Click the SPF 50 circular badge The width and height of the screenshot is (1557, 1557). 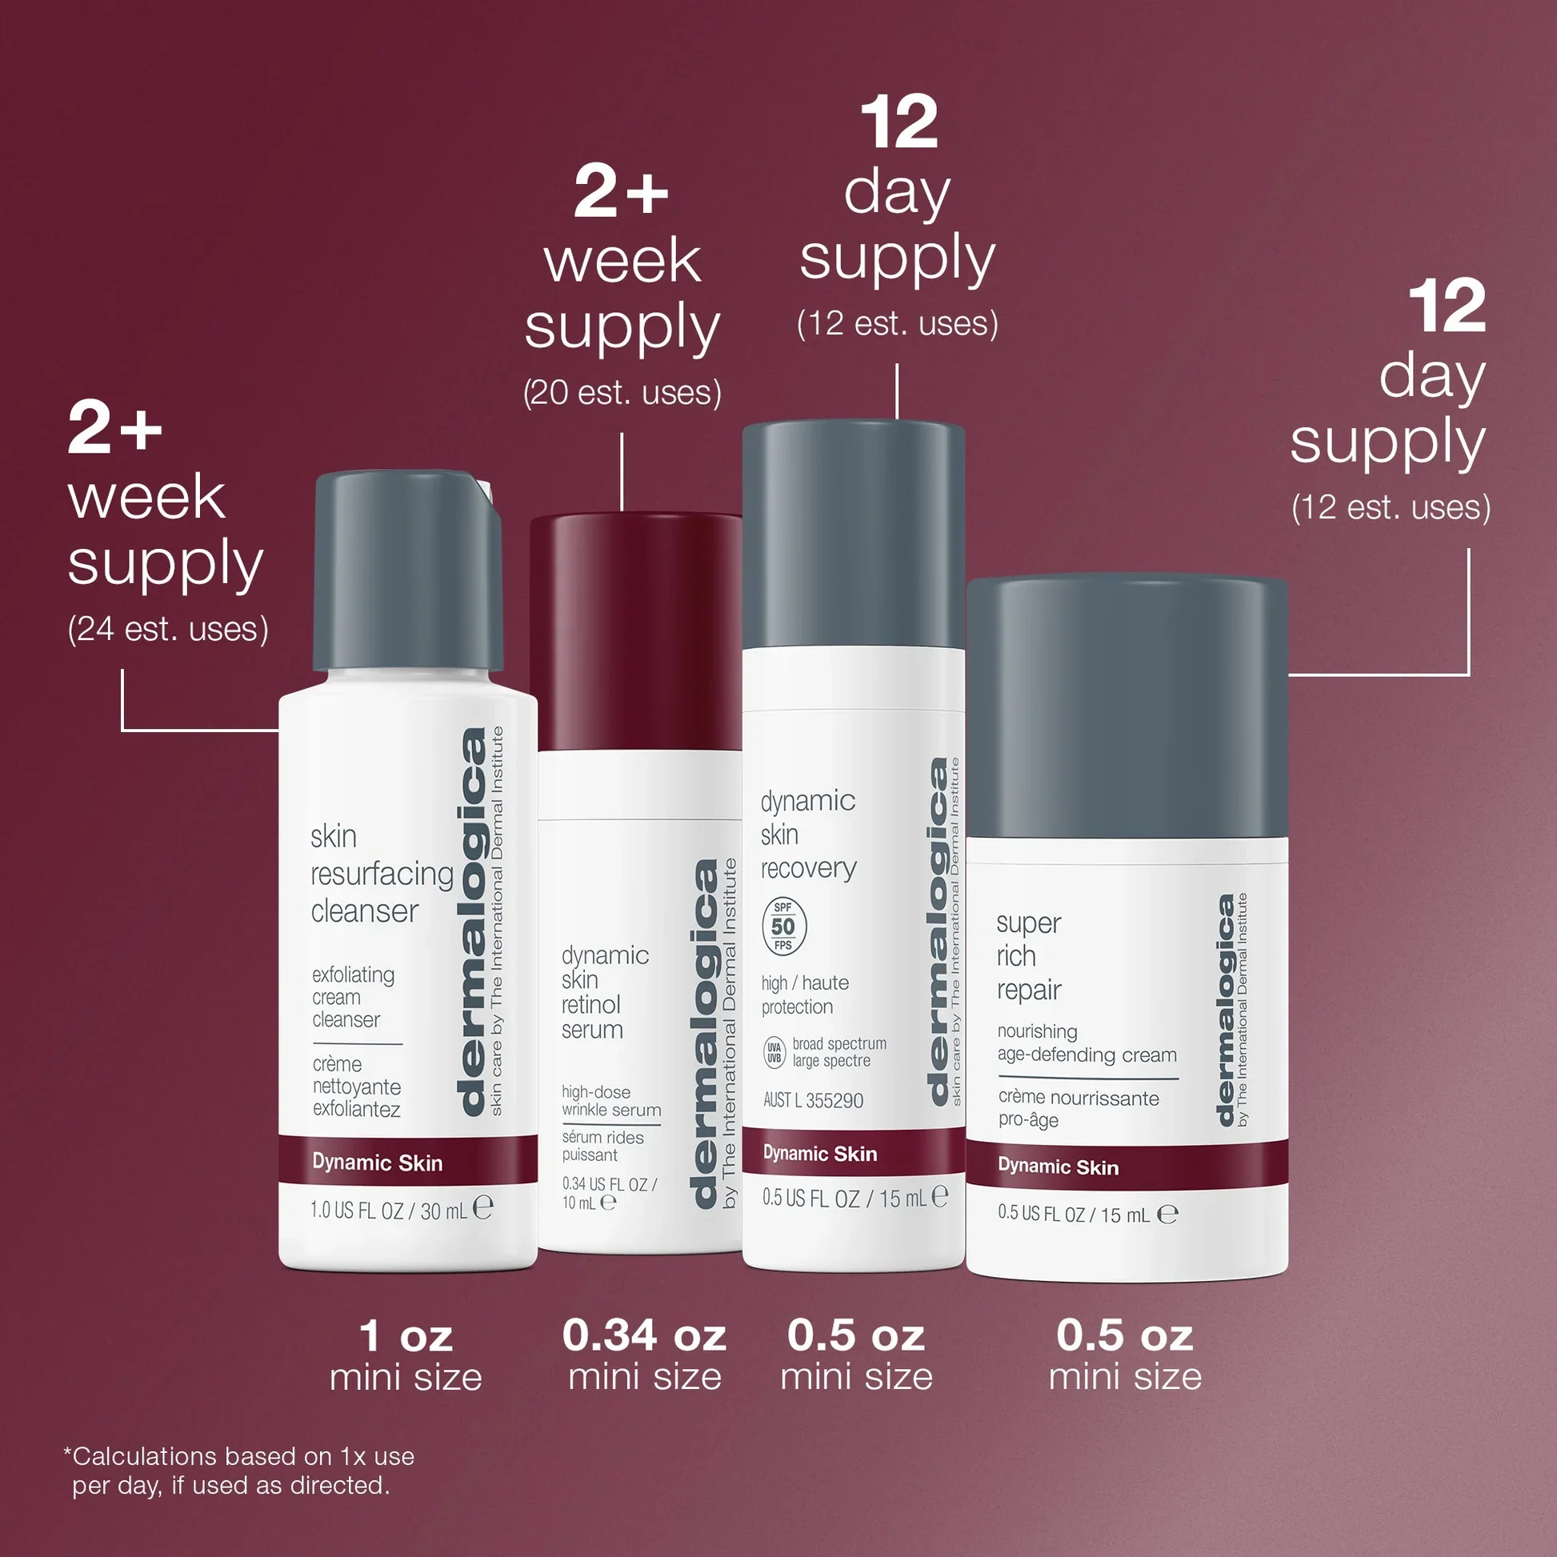coord(783,926)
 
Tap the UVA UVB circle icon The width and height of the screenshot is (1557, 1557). coord(774,1051)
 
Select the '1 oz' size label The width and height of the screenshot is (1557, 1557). coord(406,1336)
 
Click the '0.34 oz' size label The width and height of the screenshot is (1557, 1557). coord(645,1335)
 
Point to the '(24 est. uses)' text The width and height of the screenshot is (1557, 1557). coord(168,630)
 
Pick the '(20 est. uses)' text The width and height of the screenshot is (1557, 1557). coord(622,394)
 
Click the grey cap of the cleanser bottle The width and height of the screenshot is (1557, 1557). coord(408,570)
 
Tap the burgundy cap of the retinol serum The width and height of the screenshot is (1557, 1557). coord(636,632)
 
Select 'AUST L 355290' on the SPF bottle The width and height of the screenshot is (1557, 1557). coord(813,1100)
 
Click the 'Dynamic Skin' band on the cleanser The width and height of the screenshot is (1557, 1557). coord(408,1161)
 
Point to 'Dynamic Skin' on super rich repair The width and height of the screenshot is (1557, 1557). coord(1059,1166)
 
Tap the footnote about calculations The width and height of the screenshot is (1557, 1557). coord(239,1471)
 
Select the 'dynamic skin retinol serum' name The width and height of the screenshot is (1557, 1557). coord(604,993)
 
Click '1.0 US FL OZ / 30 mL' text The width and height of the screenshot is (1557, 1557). coord(388,1211)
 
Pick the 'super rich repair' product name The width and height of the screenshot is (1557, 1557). coord(1028,957)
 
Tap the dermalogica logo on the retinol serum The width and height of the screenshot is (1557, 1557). coord(705,1035)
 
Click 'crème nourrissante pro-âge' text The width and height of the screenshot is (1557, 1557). coord(1079,1108)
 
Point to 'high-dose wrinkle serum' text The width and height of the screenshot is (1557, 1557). coord(610,1101)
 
